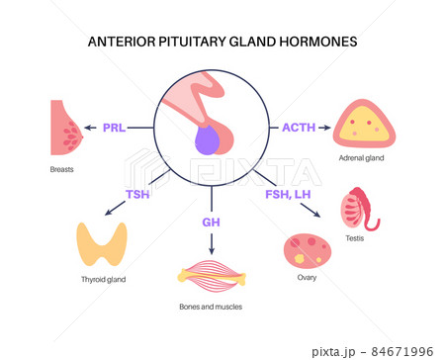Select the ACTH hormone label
(298, 127)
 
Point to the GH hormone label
(211, 223)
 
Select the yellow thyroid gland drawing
(104, 244)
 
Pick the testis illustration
(359, 210)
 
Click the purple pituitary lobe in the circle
(207, 144)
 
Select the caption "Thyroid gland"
(104, 280)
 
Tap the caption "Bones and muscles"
(210, 308)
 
